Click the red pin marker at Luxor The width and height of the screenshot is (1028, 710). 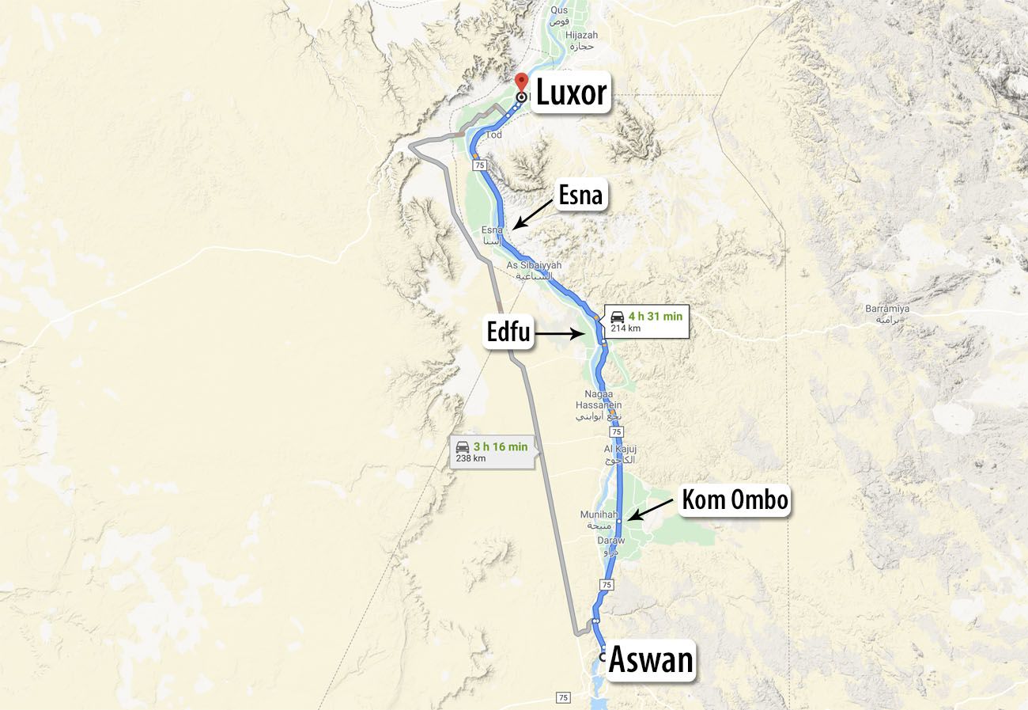click(x=521, y=82)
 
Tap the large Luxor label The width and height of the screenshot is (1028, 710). click(x=571, y=93)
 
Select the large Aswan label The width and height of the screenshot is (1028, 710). click(x=651, y=660)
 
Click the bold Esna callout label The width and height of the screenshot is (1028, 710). click(x=580, y=195)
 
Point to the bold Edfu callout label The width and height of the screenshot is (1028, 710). click(x=508, y=334)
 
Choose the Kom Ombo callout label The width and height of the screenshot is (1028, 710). click(x=735, y=500)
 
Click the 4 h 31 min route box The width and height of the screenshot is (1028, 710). click(x=646, y=321)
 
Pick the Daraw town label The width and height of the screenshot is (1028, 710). click(x=611, y=545)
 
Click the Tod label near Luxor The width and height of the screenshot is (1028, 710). click(x=494, y=135)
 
